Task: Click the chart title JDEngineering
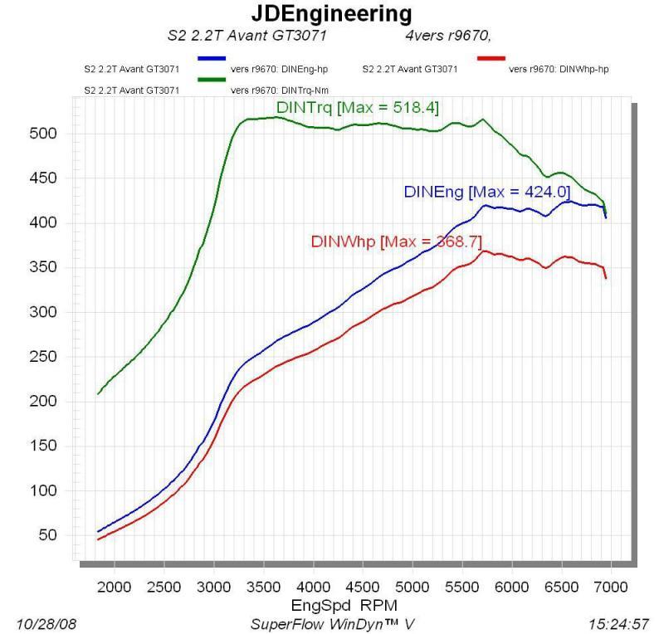pyautogui.click(x=331, y=14)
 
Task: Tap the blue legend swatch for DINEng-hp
pyautogui.click(x=212, y=58)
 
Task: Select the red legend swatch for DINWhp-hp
pyautogui.click(x=491, y=58)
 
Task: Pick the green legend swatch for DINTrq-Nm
pyautogui.click(x=212, y=79)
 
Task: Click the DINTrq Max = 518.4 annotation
pyautogui.click(x=357, y=108)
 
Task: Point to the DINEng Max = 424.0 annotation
pyautogui.click(x=486, y=192)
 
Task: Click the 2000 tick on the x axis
pyautogui.click(x=115, y=587)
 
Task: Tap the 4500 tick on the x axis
pyautogui.click(x=363, y=587)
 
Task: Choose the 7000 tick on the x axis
pyautogui.click(x=611, y=587)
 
